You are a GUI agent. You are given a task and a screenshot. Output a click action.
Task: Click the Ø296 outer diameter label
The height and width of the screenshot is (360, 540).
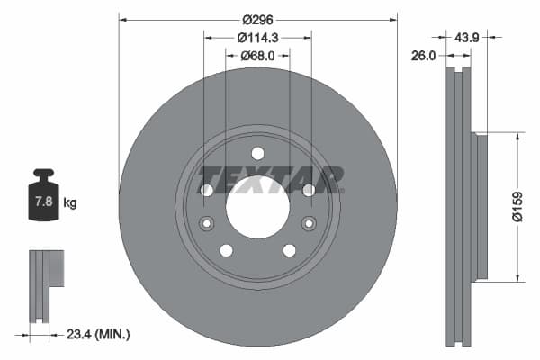257,18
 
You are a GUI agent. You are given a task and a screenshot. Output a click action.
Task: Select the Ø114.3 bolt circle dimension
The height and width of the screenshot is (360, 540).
257,38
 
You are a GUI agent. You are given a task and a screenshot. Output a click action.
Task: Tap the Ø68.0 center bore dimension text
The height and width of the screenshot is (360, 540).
257,57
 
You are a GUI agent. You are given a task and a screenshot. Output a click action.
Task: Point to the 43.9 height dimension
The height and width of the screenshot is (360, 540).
466,38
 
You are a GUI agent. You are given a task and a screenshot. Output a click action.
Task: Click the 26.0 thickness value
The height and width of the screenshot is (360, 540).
423,56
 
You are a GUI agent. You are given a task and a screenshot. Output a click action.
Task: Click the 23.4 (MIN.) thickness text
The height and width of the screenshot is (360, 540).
99,334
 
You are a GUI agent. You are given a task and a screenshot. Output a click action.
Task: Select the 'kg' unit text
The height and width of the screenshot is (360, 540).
70,202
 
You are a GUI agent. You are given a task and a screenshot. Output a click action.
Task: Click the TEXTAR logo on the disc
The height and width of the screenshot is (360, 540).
271,180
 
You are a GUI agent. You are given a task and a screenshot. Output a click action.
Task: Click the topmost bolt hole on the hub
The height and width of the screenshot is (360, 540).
257,153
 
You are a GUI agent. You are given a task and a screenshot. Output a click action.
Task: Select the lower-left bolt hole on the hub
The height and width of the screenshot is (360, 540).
226,249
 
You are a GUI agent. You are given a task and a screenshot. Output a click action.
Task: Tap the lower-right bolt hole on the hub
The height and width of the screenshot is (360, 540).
289,249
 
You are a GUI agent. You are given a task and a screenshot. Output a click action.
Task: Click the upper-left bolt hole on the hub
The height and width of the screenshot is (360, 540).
206,190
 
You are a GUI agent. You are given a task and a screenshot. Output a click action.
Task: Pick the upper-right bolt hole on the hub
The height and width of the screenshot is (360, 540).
309,190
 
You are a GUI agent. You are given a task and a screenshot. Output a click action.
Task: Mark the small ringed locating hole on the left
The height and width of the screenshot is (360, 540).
206,223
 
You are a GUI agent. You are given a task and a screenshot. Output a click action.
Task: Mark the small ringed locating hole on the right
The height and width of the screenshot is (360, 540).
309,223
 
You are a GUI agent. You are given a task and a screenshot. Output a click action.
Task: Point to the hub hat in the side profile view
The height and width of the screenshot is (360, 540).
481,206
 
